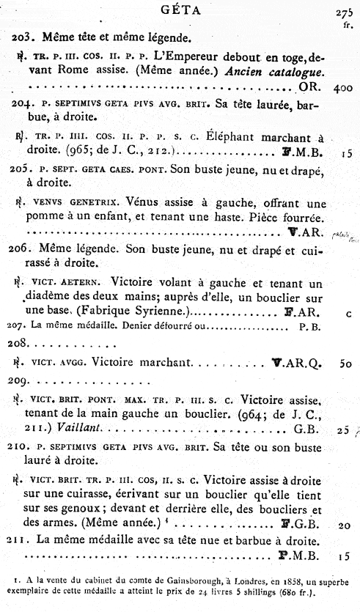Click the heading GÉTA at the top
tap(180, 10)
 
